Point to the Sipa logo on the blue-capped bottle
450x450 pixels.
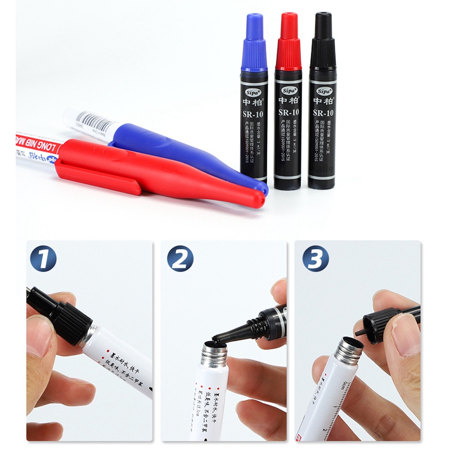(254, 91)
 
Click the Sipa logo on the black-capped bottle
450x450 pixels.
(323, 91)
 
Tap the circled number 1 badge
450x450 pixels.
(43, 259)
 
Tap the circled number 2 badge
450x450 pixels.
(180, 259)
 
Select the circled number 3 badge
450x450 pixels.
(315, 259)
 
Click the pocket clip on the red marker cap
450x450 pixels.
(98, 179)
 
